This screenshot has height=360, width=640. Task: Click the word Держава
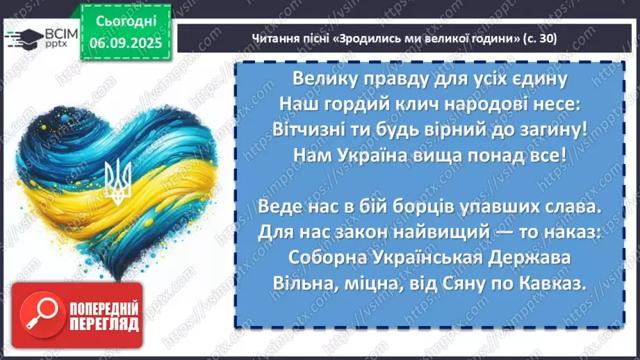[544, 256]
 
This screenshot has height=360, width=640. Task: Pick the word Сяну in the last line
[476, 282]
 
